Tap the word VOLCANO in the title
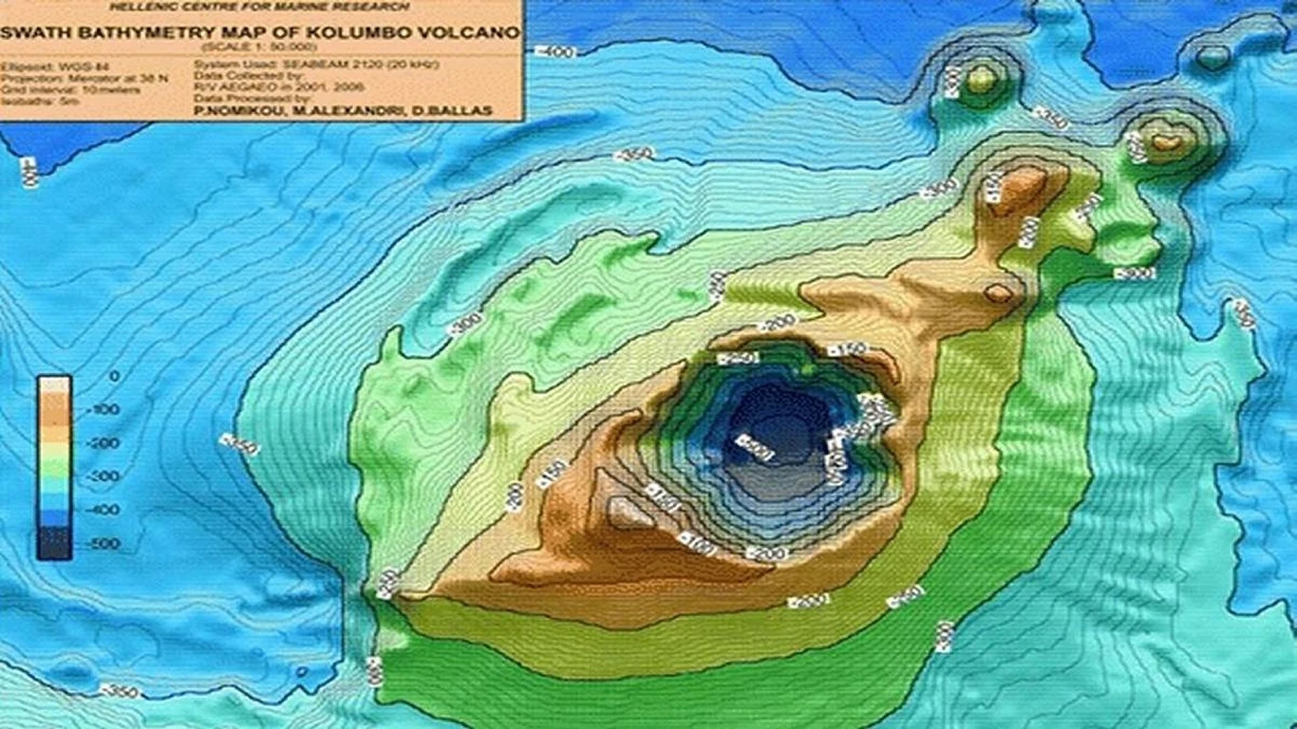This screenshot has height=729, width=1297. coord(474,33)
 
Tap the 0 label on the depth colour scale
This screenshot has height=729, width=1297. coord(115,376)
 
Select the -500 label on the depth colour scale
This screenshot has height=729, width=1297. coord(104,544)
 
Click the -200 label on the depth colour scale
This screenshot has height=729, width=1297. coord(104,443)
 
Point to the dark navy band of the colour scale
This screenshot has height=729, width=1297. coord(54,543)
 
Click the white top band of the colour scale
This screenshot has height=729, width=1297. coord(54,384)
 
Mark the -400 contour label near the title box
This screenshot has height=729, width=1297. coord(556,51)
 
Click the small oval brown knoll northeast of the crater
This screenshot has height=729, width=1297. coord(998,293)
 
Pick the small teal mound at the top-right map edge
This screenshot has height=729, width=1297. coord(1211,59)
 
